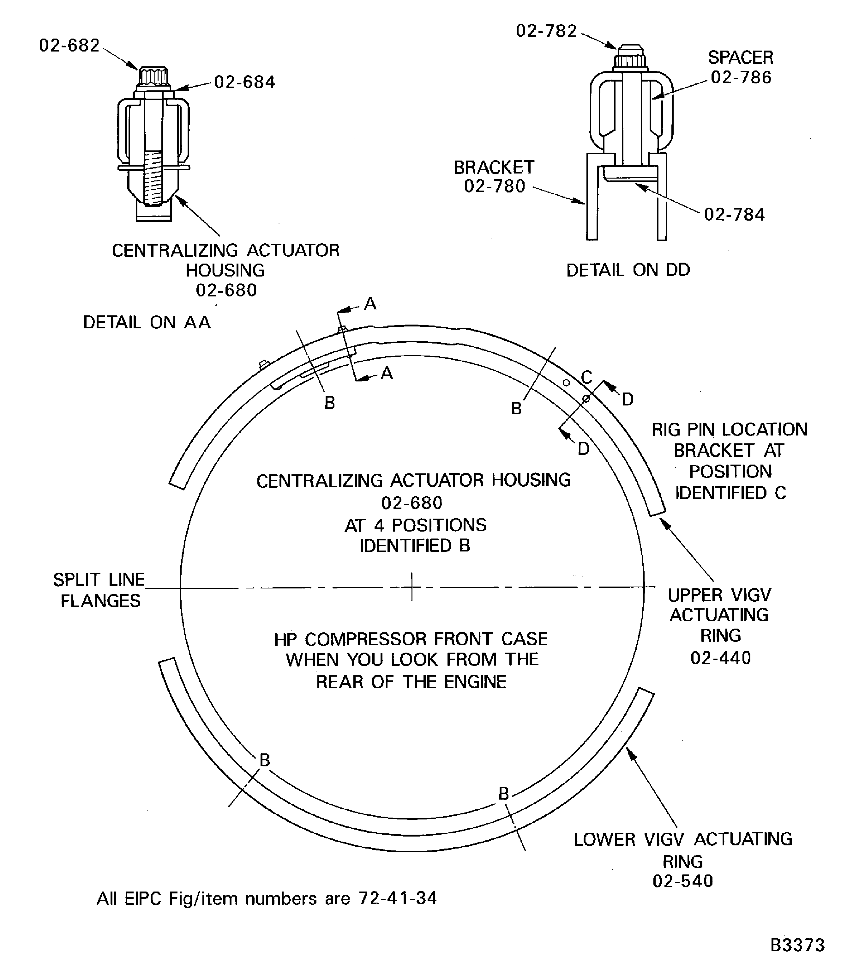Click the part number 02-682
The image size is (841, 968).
coord(69,46)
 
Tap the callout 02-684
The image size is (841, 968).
coord(244,82)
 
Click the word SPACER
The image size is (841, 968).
coord(740,57)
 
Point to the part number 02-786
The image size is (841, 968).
coord(741,77)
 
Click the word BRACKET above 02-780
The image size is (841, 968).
coord(494,167)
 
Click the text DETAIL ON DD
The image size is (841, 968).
coord(628,270)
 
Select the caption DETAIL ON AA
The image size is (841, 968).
coord(147,322)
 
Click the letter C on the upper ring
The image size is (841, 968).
coord(586,377)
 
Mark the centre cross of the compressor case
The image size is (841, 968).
coord(411,587)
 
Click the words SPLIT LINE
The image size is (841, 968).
coord(99,580)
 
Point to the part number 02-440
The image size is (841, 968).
coord(720,658)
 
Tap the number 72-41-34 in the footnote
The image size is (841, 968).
coord(398,898)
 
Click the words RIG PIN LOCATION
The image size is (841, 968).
coord(729,429)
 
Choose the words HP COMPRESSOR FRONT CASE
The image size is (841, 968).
coord(411,639)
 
